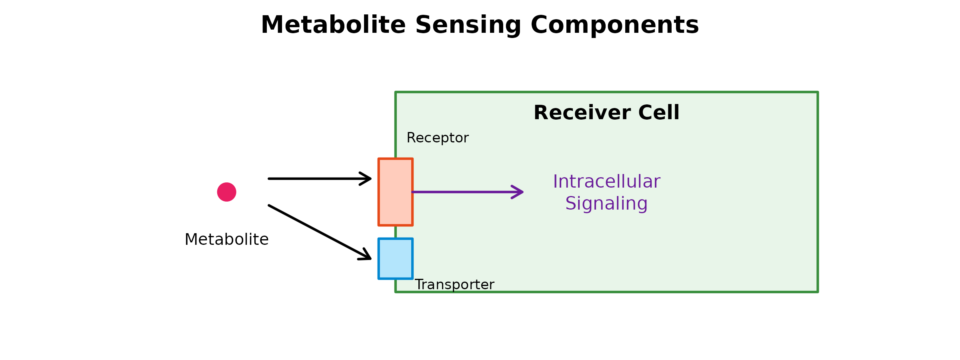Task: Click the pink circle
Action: point(227,192)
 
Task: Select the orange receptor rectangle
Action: point(395,192)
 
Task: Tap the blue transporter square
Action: point(395,258)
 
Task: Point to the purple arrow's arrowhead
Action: point(521,192)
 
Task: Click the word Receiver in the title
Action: point(582,113)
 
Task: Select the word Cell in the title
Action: point(659,113)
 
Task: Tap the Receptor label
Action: point(437,138)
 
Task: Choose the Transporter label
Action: point(454,285)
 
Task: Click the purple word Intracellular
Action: point(606,182)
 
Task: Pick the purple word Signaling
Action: point(606,204)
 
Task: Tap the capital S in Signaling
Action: point(571,204)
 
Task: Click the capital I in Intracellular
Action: point(555,182)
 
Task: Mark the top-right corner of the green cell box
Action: point(817,92)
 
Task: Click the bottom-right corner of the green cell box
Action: point(817,292)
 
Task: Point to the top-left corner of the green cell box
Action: point(396,92)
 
